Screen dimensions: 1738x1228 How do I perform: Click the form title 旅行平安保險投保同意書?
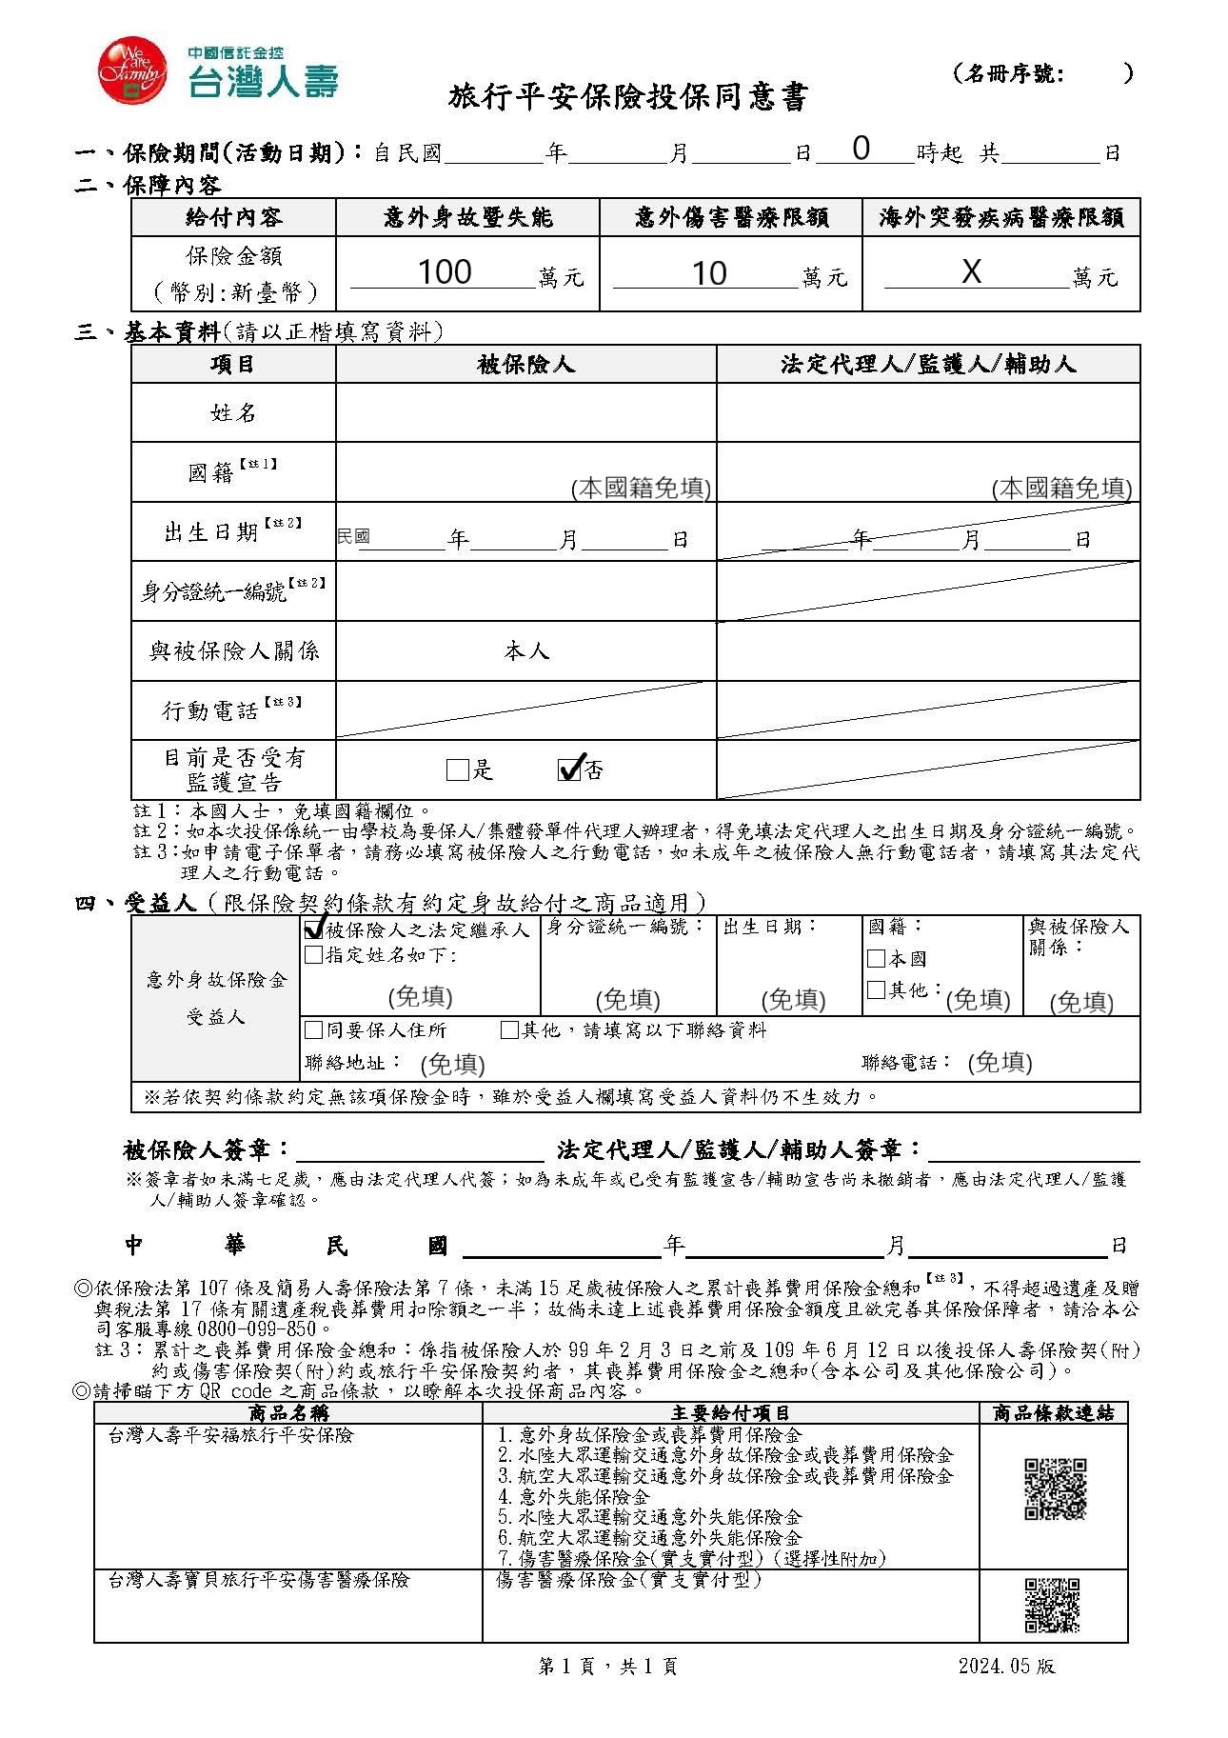(x=627, y=98)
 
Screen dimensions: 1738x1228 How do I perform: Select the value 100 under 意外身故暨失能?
(x=445, y=272)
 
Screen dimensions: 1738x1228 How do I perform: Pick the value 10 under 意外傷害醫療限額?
(x=708, y=274)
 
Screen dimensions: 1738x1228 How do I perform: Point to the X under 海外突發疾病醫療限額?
(x=970, y=272)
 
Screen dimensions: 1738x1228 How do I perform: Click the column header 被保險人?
(x=525, y=365)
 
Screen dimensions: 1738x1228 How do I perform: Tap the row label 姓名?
(x=233, y=412)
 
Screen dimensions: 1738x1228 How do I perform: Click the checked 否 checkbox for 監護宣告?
(x=568, y=769)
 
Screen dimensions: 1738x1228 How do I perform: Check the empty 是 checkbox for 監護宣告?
(x=457, y=769)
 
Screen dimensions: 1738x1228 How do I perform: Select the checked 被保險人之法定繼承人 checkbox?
(x=313, y=929)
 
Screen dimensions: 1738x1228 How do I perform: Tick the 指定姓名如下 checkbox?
(x=313, y=954)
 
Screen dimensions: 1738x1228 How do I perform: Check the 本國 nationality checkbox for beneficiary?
(x=877, y=958)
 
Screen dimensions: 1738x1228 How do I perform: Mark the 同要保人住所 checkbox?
(x=313, y=1029)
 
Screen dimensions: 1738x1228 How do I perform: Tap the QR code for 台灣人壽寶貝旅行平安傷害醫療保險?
(x=1052, y=1605)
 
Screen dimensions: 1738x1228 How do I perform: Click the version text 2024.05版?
(x=1006, y=1666)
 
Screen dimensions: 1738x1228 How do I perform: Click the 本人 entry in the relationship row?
(x=526, y=651)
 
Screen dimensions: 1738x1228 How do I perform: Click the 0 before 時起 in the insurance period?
(x=861, y=149)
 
